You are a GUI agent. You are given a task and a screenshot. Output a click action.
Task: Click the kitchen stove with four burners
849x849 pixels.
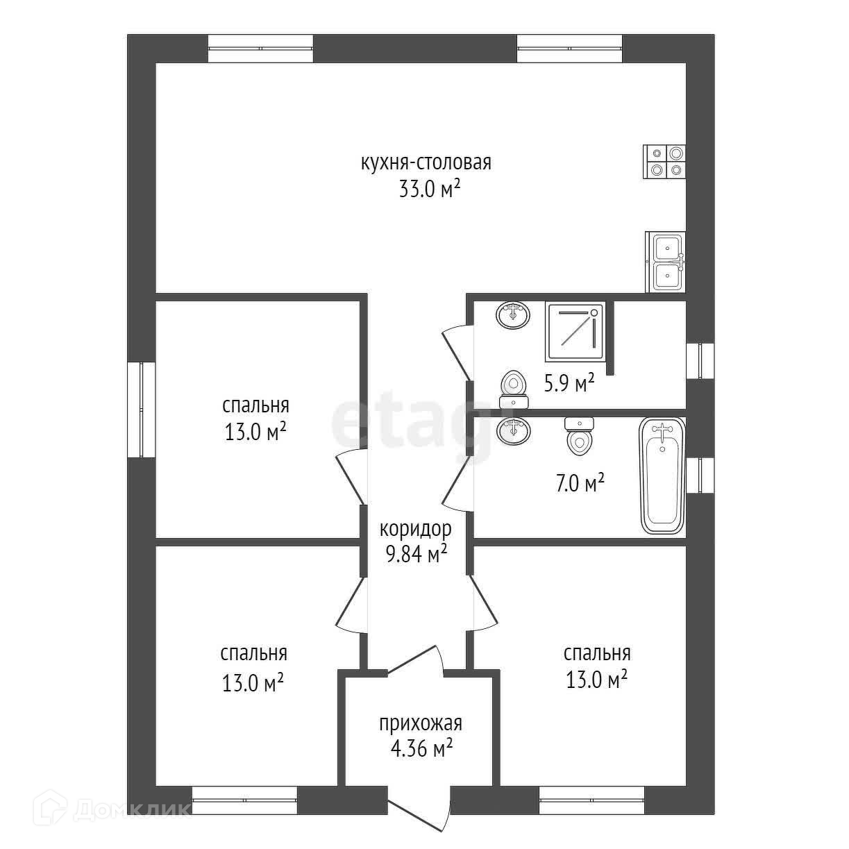click(x=664, y=162)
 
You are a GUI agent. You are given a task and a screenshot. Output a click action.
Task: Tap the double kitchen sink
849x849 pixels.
click(x=665, y=262)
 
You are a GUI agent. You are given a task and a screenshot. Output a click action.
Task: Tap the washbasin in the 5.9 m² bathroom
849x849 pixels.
click(x=513, y=315)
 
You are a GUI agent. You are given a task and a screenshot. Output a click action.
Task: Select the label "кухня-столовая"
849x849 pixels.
click(x=426, y=163)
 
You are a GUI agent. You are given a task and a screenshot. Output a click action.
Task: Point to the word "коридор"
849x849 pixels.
click(x=415, y=529)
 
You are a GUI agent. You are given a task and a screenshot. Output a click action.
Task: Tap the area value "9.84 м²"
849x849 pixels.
click(x=417, y=555)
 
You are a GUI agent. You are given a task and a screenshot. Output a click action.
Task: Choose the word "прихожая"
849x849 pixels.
click(x=421, y=723)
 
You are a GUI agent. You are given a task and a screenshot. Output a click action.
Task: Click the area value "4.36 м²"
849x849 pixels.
click(x=422, y=748)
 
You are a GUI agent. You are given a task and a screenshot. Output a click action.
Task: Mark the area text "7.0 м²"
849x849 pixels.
click(x=580, y=483)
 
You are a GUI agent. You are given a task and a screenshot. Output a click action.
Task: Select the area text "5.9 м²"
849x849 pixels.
click(x=570, y=384)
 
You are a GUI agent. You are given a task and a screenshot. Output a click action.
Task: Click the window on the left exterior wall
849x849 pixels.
click(x=141, y=410)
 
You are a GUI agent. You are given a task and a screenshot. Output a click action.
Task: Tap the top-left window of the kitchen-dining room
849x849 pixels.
click(x=260, y=49)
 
